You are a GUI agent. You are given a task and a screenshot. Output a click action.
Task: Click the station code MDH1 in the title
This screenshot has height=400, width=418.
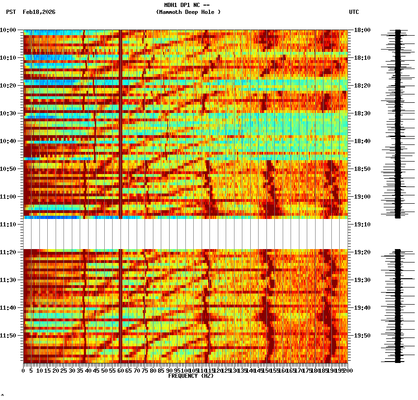click(171, 5)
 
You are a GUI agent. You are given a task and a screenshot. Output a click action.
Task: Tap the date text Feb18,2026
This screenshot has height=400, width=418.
click(39, 12)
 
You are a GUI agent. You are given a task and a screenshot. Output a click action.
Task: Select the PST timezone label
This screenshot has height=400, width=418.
click(11, 12)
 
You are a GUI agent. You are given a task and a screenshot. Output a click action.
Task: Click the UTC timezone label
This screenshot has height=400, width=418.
click(354, 12)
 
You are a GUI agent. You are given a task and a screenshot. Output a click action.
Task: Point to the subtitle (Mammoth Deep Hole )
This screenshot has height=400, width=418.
click(188, 12)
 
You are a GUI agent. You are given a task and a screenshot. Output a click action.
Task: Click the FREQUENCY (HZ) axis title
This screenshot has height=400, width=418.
click(190, 376)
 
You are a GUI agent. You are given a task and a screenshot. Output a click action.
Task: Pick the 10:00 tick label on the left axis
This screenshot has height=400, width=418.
click(8, 30)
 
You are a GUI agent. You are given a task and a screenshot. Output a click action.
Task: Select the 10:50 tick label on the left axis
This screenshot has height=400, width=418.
click(8, 169)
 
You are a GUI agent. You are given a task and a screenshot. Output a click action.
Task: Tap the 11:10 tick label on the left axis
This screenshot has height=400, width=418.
click(8, 225)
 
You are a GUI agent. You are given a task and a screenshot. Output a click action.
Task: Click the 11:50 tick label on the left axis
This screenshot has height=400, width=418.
click(8, 336)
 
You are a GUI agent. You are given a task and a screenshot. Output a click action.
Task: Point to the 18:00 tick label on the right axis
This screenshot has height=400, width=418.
click(362, 30)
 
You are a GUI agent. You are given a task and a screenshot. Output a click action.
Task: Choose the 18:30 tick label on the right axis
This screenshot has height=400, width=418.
click(362, 113)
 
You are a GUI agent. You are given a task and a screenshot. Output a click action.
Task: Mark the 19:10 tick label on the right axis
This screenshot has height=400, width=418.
click(362, 225)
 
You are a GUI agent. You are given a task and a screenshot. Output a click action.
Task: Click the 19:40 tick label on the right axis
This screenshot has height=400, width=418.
click(362, 308)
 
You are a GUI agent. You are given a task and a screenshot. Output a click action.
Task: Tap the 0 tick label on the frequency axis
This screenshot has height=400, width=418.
click(24, 371)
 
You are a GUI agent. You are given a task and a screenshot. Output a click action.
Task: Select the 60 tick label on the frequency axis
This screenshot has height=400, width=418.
click(120, 371)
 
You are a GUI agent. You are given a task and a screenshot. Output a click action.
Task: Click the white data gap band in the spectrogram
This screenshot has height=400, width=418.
click(185, 234)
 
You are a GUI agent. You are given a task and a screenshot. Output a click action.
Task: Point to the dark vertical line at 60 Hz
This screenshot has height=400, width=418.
click(120, 139)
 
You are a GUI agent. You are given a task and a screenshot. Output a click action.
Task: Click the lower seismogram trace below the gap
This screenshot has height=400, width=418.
click(398, 306)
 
